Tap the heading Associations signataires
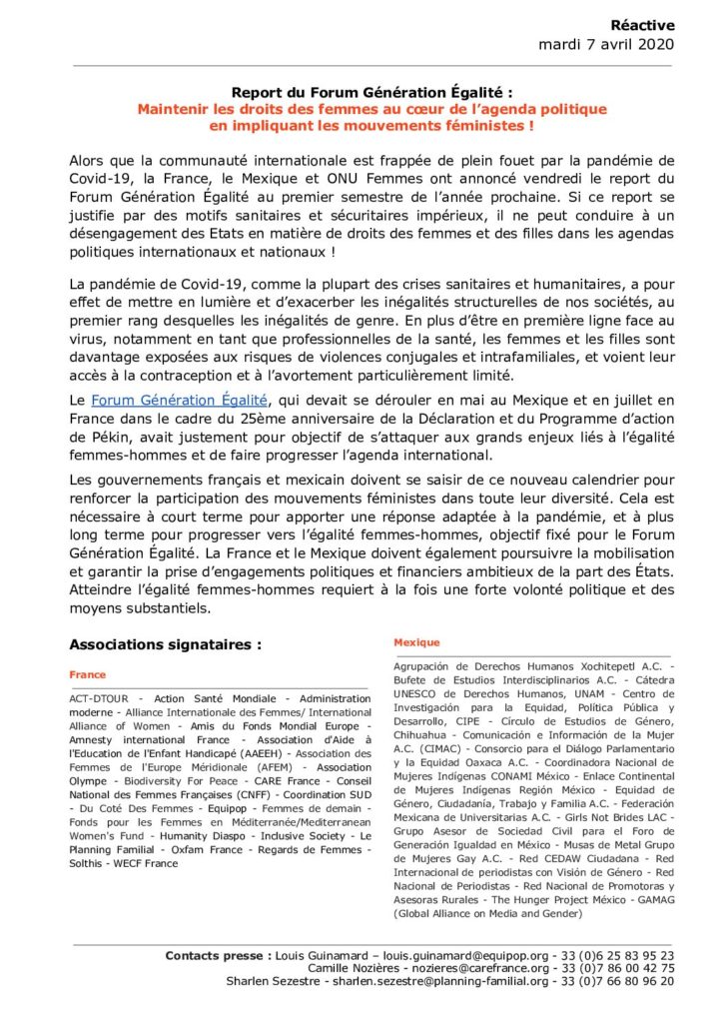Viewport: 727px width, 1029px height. coord(166,644)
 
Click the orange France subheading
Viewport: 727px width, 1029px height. coord(87,674)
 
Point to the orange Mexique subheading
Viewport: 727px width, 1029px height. coord(416,642)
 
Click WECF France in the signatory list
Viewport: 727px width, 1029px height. coord(145,863)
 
